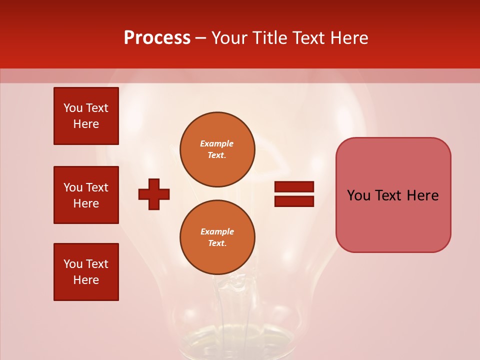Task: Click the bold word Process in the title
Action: pyautogui.click(x=157, y=38)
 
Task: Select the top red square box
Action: pyautogui.click(x=86, y=116)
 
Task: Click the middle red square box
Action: pyautogui.click(x=86, y=195)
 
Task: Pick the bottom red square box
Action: pyautogui.click(x=86, y=272)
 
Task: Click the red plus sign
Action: pyautogui.click(x=154, y=194)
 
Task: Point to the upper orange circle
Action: pyautogui.click(x=217, y=149)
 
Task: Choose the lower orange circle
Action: pyautogui.click(x=217, y=237)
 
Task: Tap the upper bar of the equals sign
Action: pyautogui.click(x=294, y=187)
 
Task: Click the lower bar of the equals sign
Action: pyautogui.click(x=294, y=201)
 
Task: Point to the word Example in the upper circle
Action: pyautogui.click(x=217, y=143)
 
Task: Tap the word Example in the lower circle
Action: pyautogui.click(x=217, y=231)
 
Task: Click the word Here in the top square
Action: pyautogui.click(x=86, y=124)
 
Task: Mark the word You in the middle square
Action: pyautogui.click(x=73, y=187)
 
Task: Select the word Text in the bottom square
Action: pyautogui.click(x=97, y=264)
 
